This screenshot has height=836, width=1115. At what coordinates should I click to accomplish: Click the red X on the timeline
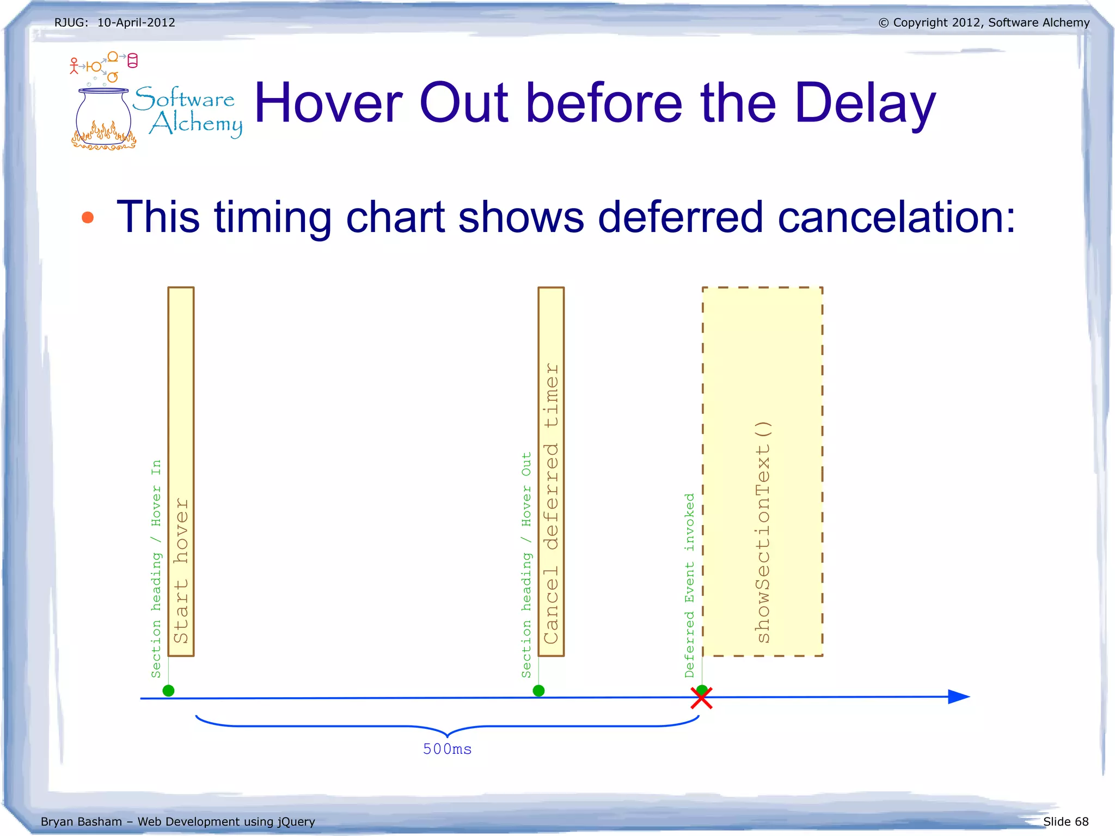pos(701,698)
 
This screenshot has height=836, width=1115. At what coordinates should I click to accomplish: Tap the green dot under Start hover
pos(169,691)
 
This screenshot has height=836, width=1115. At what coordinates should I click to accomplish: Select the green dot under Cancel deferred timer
pos(538,691)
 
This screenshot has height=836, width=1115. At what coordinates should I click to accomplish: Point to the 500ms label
pos(447,749)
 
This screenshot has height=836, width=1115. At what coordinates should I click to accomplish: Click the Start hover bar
pos(181,472)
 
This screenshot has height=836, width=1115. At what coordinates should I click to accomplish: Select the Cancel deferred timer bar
pos(551,472)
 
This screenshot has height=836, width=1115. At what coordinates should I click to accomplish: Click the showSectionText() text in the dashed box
pos(763,532)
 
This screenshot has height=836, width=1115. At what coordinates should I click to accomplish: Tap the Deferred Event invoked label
pos(690,585)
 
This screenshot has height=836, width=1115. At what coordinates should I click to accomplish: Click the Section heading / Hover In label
pos(156,569)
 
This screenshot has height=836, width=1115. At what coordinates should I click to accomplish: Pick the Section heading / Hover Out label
pos(526,564)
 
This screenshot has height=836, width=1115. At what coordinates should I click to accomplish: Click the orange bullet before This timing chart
pos(88,218)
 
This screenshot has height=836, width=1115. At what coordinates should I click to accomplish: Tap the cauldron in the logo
pos(103,117)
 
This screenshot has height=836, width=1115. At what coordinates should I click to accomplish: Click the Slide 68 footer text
pos(1065,821)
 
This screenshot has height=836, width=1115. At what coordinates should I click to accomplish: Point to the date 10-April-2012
pos(136,22)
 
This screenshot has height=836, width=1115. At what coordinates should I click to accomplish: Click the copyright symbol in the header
pos(883,23)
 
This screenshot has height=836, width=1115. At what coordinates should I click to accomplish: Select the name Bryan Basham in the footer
pos(81,821)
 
